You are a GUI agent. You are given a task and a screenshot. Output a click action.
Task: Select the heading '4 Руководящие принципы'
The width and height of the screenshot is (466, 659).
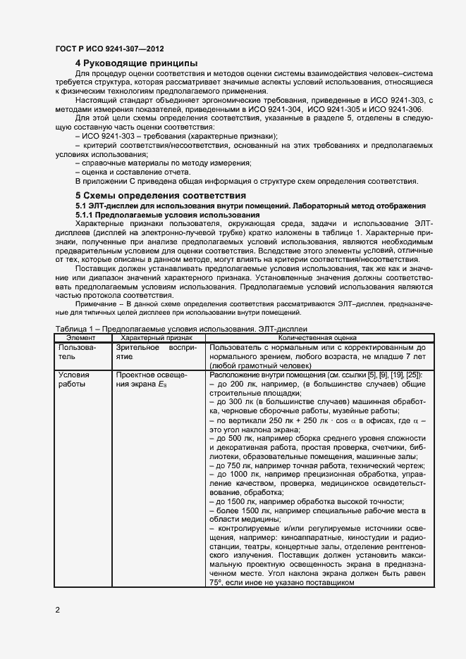136,64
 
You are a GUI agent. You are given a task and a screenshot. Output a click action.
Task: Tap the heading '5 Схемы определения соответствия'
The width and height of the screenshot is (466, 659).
161,195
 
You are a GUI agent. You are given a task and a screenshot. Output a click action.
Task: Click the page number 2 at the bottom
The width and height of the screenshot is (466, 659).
57,609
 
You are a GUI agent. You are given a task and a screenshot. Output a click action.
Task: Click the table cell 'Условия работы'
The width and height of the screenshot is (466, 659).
74,380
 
